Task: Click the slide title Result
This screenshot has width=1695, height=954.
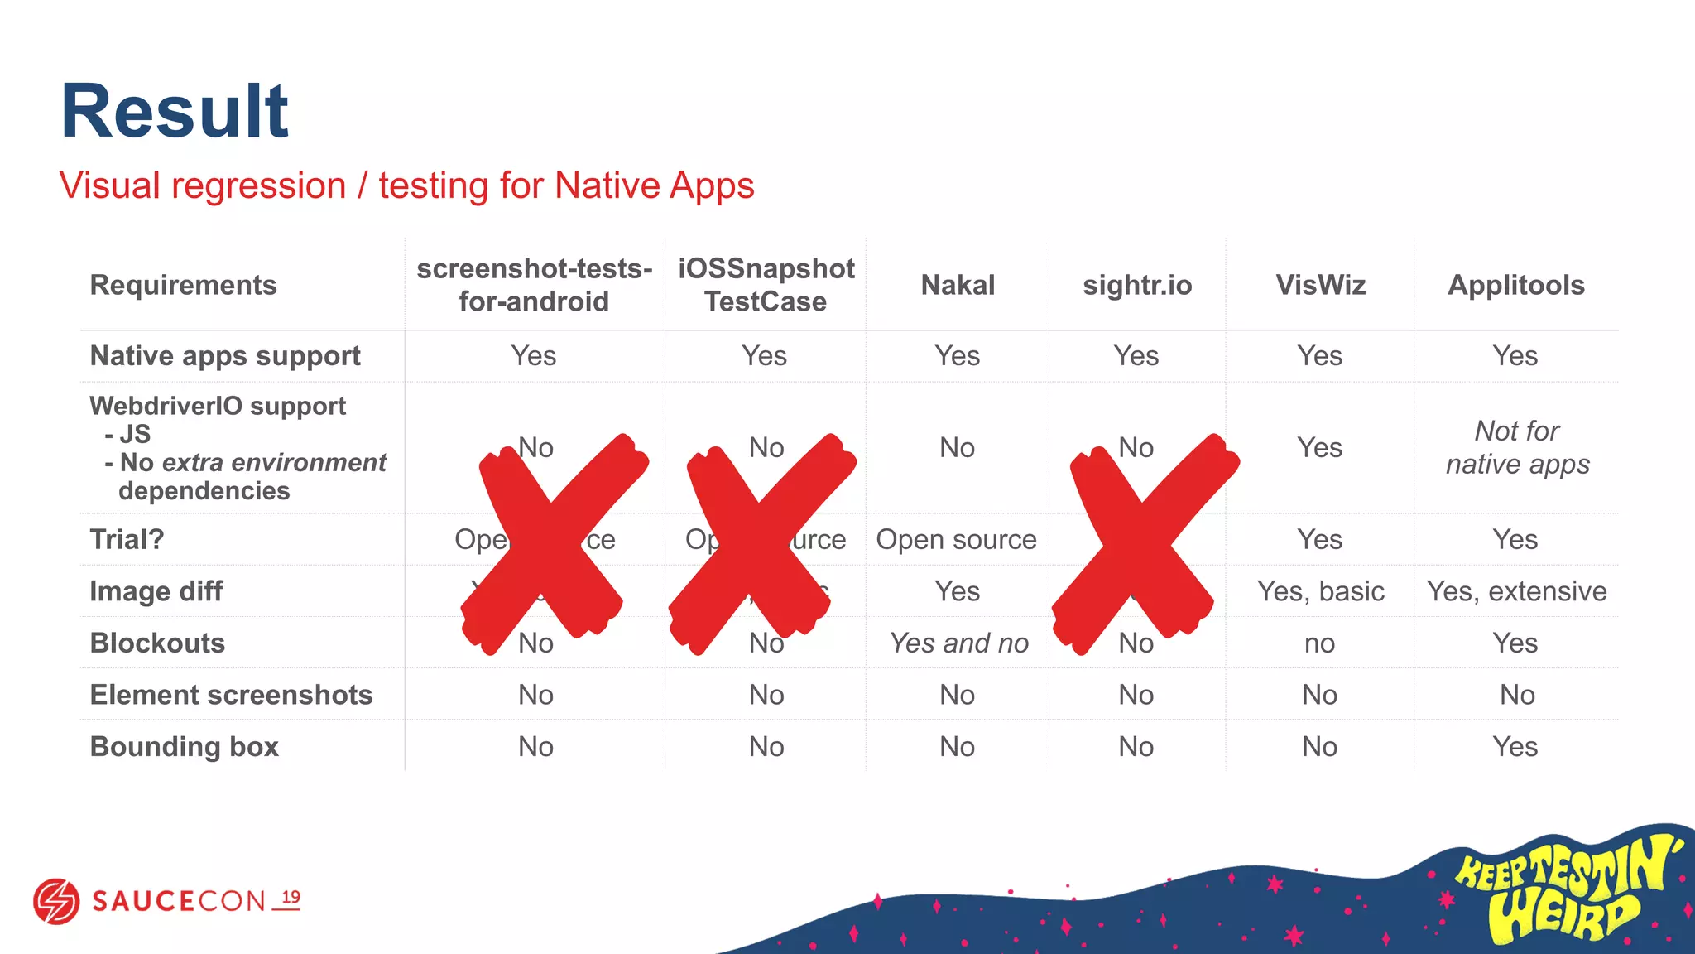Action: (175, 112)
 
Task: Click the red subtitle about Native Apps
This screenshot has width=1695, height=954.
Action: (406, 185)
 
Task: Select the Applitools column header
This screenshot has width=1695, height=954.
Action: (1515, 285)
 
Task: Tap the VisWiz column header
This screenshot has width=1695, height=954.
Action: (1320, 285)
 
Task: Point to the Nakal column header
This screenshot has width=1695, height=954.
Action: (958, 285)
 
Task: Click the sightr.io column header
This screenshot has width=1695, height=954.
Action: (1137, 285)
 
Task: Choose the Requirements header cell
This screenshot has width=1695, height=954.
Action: (183, 285)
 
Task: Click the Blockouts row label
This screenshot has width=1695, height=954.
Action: (157, 643)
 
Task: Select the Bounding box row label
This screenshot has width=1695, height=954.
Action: (184, 746)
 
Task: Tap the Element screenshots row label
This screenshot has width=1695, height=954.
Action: (231, 695)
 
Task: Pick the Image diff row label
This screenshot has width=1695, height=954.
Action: (156, 591)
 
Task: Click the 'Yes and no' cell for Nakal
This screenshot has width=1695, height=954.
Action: (958, 643)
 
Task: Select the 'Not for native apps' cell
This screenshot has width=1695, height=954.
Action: (1517, 447)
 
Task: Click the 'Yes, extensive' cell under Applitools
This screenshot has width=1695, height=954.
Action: (1516, 591)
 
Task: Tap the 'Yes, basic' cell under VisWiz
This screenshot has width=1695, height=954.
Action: (1320, 591)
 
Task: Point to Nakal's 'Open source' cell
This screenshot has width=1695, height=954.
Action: (956, 539)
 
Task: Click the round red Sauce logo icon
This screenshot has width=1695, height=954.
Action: (56, 901)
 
